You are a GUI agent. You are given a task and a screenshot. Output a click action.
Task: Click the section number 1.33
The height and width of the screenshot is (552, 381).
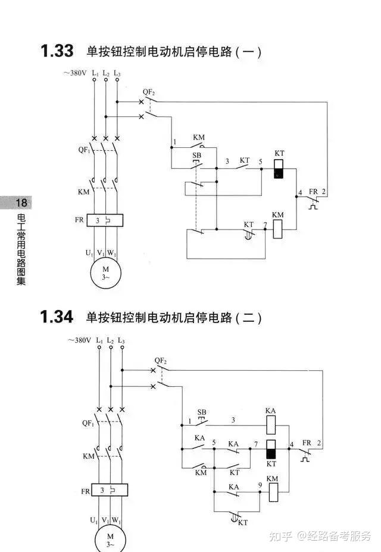pos(57,51)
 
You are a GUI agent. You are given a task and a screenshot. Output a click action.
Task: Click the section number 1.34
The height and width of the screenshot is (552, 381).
pos(57,317)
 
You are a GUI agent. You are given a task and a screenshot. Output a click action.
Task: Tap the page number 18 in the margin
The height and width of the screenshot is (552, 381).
pos(21,203)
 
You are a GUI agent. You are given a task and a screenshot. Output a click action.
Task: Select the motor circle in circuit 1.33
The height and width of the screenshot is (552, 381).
pos(106,273)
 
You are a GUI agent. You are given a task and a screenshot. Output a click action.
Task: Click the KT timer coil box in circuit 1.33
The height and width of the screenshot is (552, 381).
pos(279,169)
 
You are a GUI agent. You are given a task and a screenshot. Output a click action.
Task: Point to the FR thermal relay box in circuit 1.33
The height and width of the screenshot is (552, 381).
pos(105,221)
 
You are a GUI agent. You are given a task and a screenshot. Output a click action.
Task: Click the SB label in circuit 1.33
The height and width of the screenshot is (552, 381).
pos(197,155)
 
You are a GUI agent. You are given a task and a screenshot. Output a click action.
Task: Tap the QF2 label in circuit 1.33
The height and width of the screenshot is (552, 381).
pos(149,92)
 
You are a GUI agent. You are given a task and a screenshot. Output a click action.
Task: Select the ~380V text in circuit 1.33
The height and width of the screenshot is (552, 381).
pos(75,73)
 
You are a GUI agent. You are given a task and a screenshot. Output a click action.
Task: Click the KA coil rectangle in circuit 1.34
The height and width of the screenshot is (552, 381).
pos(271,425)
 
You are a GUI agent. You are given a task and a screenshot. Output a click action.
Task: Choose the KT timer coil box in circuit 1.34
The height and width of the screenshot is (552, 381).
pos(271,449)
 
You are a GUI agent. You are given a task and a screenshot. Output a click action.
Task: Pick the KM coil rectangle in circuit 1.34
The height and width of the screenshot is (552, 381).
pos(273,492)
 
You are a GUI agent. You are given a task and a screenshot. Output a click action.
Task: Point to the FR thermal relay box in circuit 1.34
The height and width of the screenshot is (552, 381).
pos(110,490)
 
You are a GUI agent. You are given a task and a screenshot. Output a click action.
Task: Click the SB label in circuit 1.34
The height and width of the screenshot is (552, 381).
pos(202,412)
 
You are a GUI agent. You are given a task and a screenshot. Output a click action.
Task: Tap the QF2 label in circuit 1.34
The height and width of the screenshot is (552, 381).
pos(161,361)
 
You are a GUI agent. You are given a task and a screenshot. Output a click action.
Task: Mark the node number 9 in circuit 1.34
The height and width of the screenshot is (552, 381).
pos(260,485)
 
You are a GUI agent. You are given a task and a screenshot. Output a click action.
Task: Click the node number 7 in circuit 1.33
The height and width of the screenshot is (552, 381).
pos(265,225)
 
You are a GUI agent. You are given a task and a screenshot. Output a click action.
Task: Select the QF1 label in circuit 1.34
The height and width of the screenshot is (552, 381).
pos(88,423)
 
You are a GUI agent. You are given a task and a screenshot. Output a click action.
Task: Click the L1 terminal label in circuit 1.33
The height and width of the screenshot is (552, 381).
pos(95,73)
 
